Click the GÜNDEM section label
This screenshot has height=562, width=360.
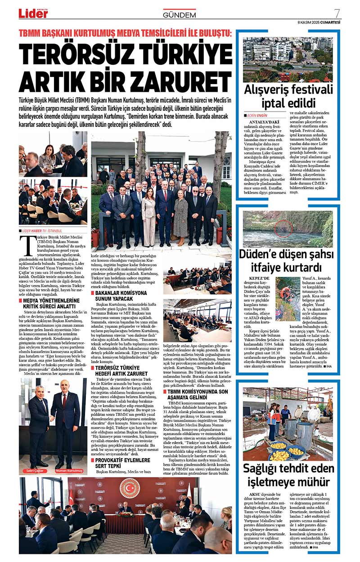coord(180,15)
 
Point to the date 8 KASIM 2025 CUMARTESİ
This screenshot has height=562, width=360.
coord(319,22)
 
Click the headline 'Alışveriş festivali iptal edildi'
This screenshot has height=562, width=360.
coord(288,95)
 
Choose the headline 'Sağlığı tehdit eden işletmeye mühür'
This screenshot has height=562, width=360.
coord(288,477)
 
